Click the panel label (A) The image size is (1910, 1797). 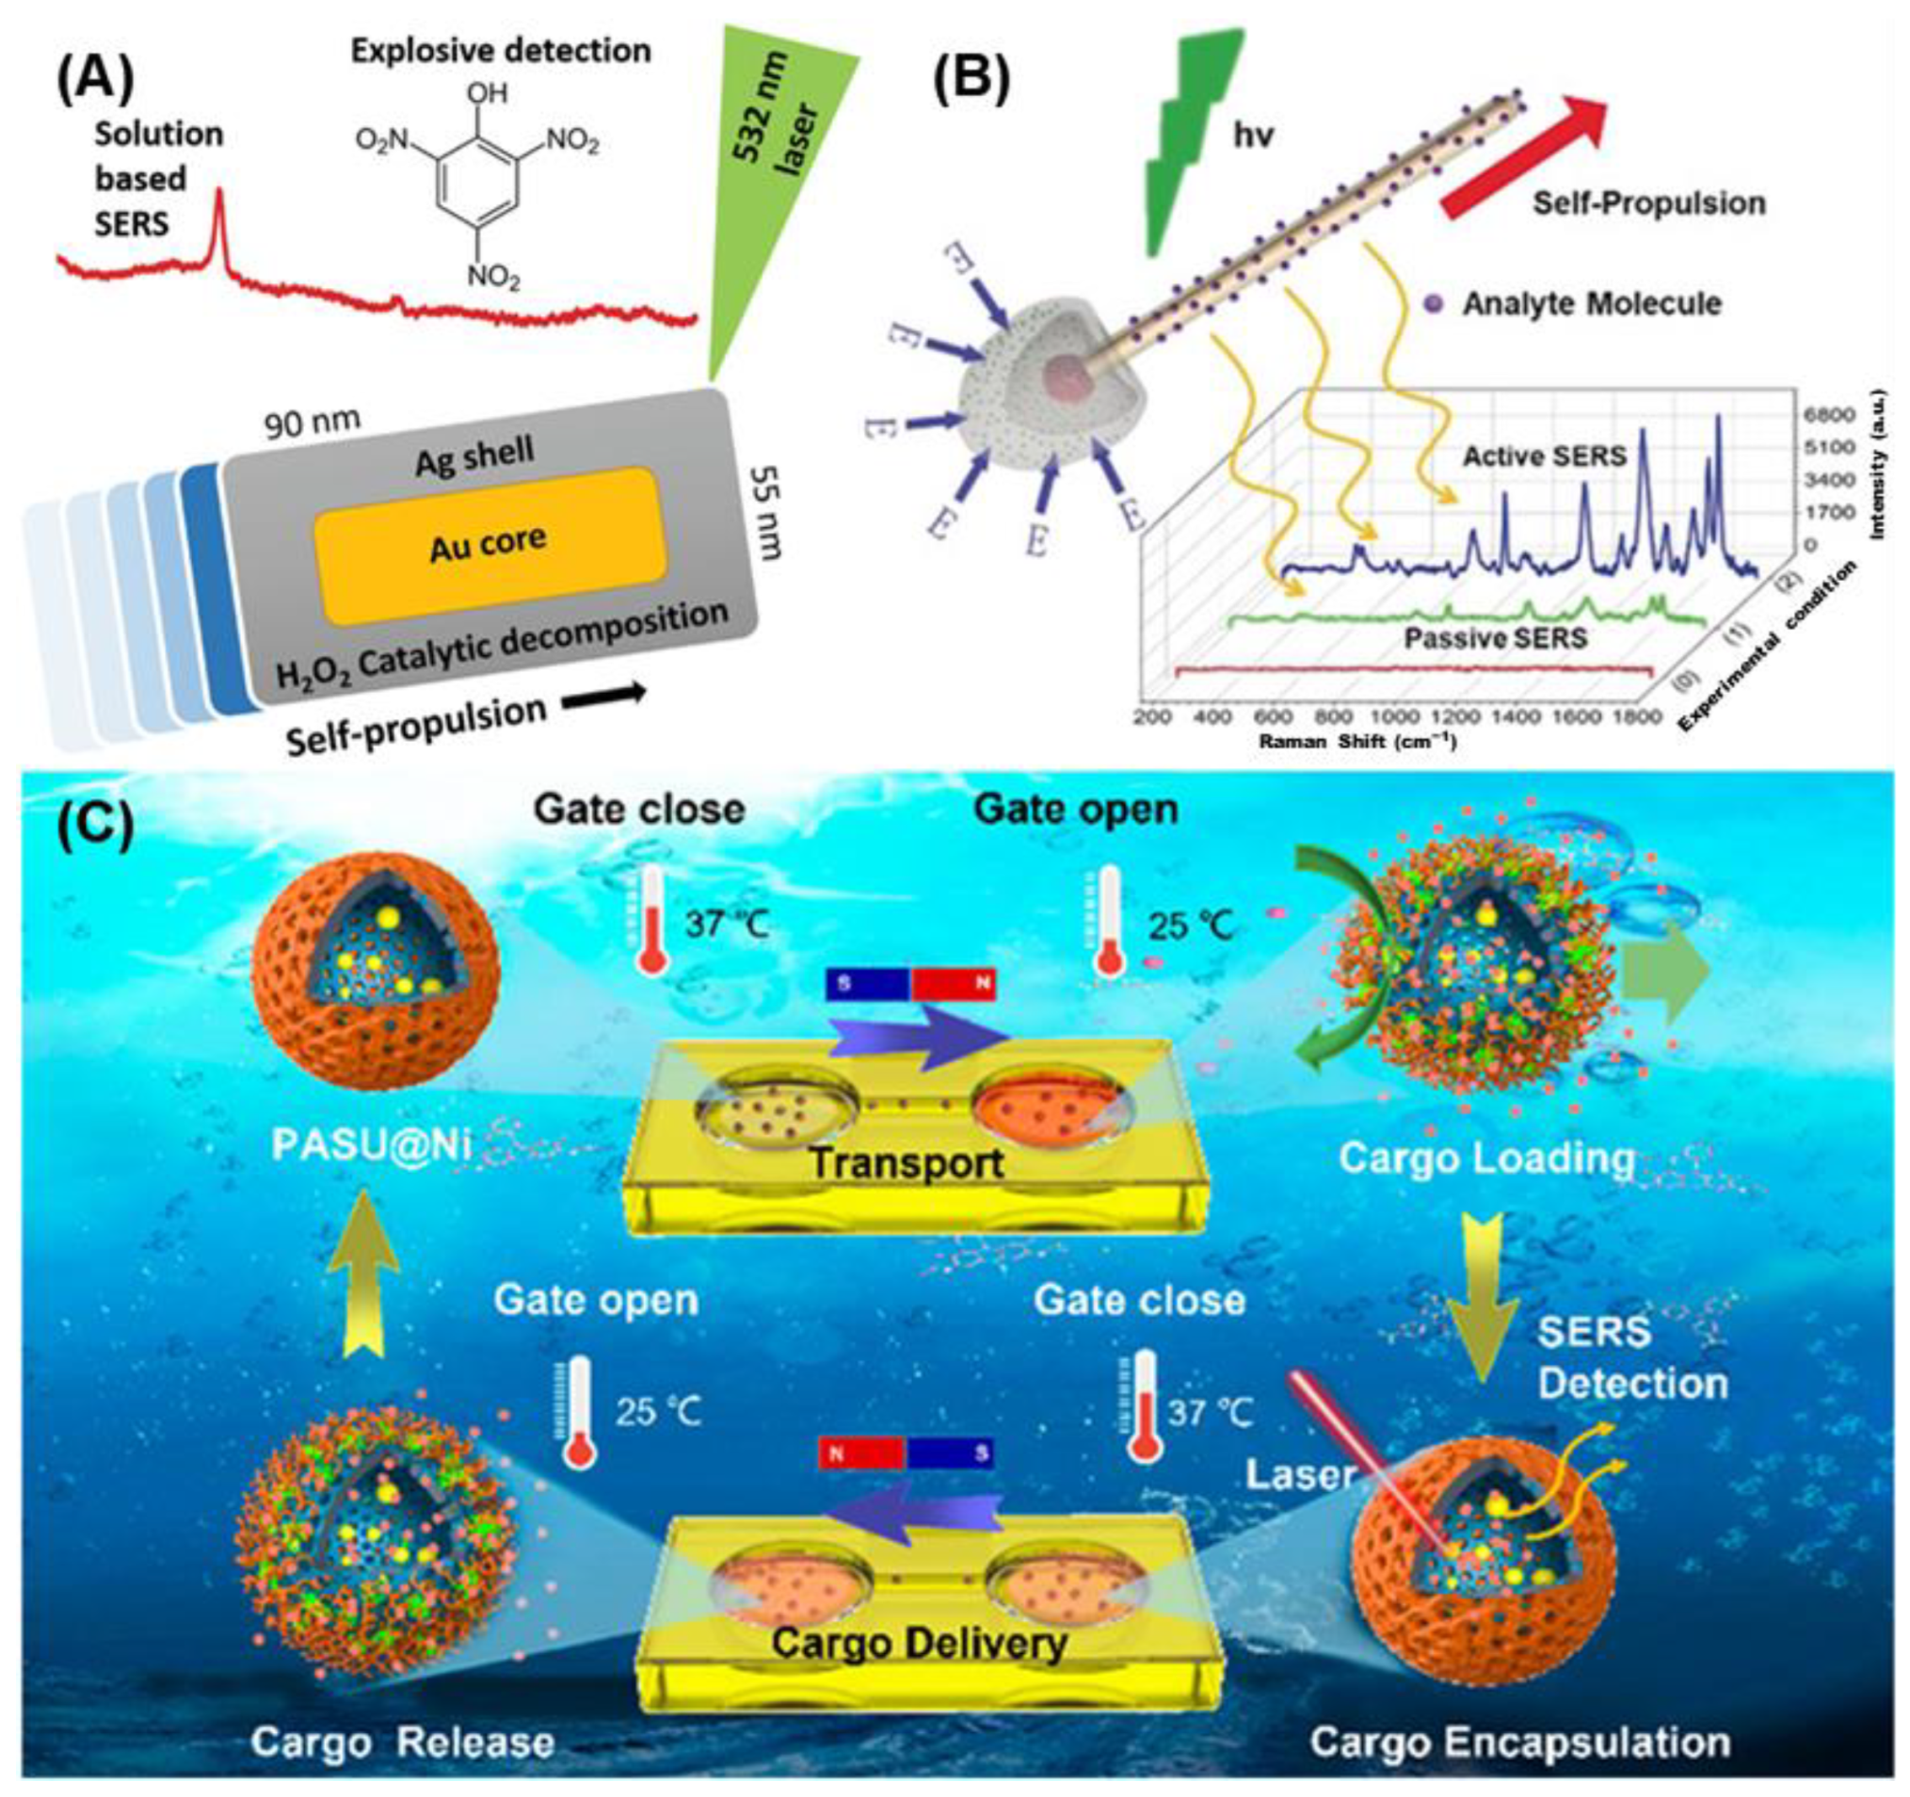click(94, 79)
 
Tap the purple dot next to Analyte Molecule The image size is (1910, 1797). click(1435, 305)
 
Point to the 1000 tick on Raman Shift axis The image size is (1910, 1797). click(1394, 717)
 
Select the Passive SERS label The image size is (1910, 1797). click(1495, 638)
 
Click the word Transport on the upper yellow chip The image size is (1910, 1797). click(906, 1163)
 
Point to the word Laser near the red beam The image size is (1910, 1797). click(1300, 1475)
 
